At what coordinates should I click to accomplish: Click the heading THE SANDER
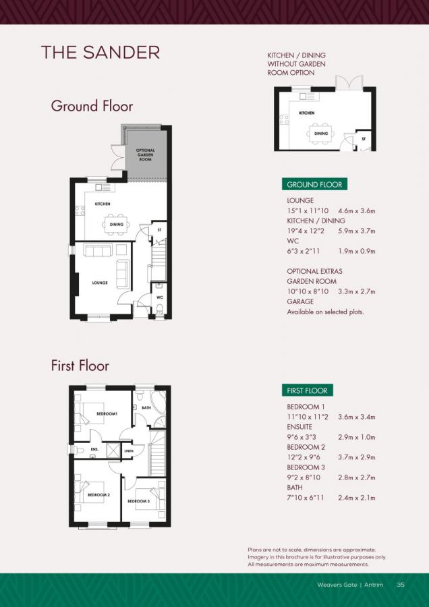coord(100,53)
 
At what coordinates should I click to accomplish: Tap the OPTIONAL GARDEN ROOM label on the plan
coord(146,153)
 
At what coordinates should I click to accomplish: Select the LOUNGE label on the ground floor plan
coord(100,283)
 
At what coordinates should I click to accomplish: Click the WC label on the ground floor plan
coord(160,297)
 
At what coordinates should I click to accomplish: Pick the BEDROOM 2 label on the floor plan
coord(98,495)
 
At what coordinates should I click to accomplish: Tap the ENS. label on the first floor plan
coord(94,449)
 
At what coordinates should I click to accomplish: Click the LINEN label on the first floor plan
coord(129,451)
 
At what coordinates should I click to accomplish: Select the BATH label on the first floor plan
coord(146,408)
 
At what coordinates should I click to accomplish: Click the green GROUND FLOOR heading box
coord(314,185)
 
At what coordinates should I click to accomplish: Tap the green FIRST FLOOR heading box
coord(307,391)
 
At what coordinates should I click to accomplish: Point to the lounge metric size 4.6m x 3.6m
coord(356,211)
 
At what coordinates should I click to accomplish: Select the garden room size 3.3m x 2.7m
coord(356,291)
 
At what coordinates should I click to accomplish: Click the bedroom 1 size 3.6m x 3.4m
coord(356,417)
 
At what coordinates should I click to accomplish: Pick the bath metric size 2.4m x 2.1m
coord(356,498)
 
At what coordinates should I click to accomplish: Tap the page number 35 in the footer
coord(401,585)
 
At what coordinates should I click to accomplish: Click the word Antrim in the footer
coord(374,585)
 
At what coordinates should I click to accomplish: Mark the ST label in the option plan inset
coord(364,139)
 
